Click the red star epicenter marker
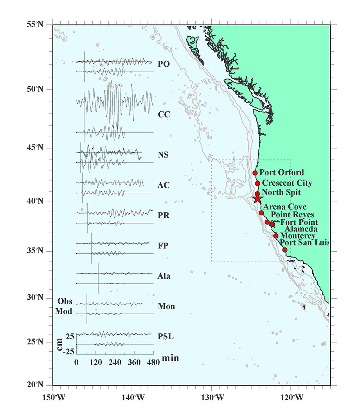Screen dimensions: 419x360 [x=257, y=199]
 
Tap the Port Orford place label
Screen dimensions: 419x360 [x=282, y=172]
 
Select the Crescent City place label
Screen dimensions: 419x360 [x=287, y=183]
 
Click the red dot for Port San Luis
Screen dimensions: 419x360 [x=285, y=250]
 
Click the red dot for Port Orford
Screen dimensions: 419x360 [x=255, y=173]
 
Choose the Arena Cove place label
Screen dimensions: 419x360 [x=285, y=207]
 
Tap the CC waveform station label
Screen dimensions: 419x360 [x=164, y=115]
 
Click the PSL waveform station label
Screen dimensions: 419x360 [x=166, y=337]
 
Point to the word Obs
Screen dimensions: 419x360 [x=65, y=301]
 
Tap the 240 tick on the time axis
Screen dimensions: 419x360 [x=115, y=362]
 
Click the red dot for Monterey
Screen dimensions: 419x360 [x=276, y=236]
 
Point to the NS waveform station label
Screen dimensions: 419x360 [x=164, y=155]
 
